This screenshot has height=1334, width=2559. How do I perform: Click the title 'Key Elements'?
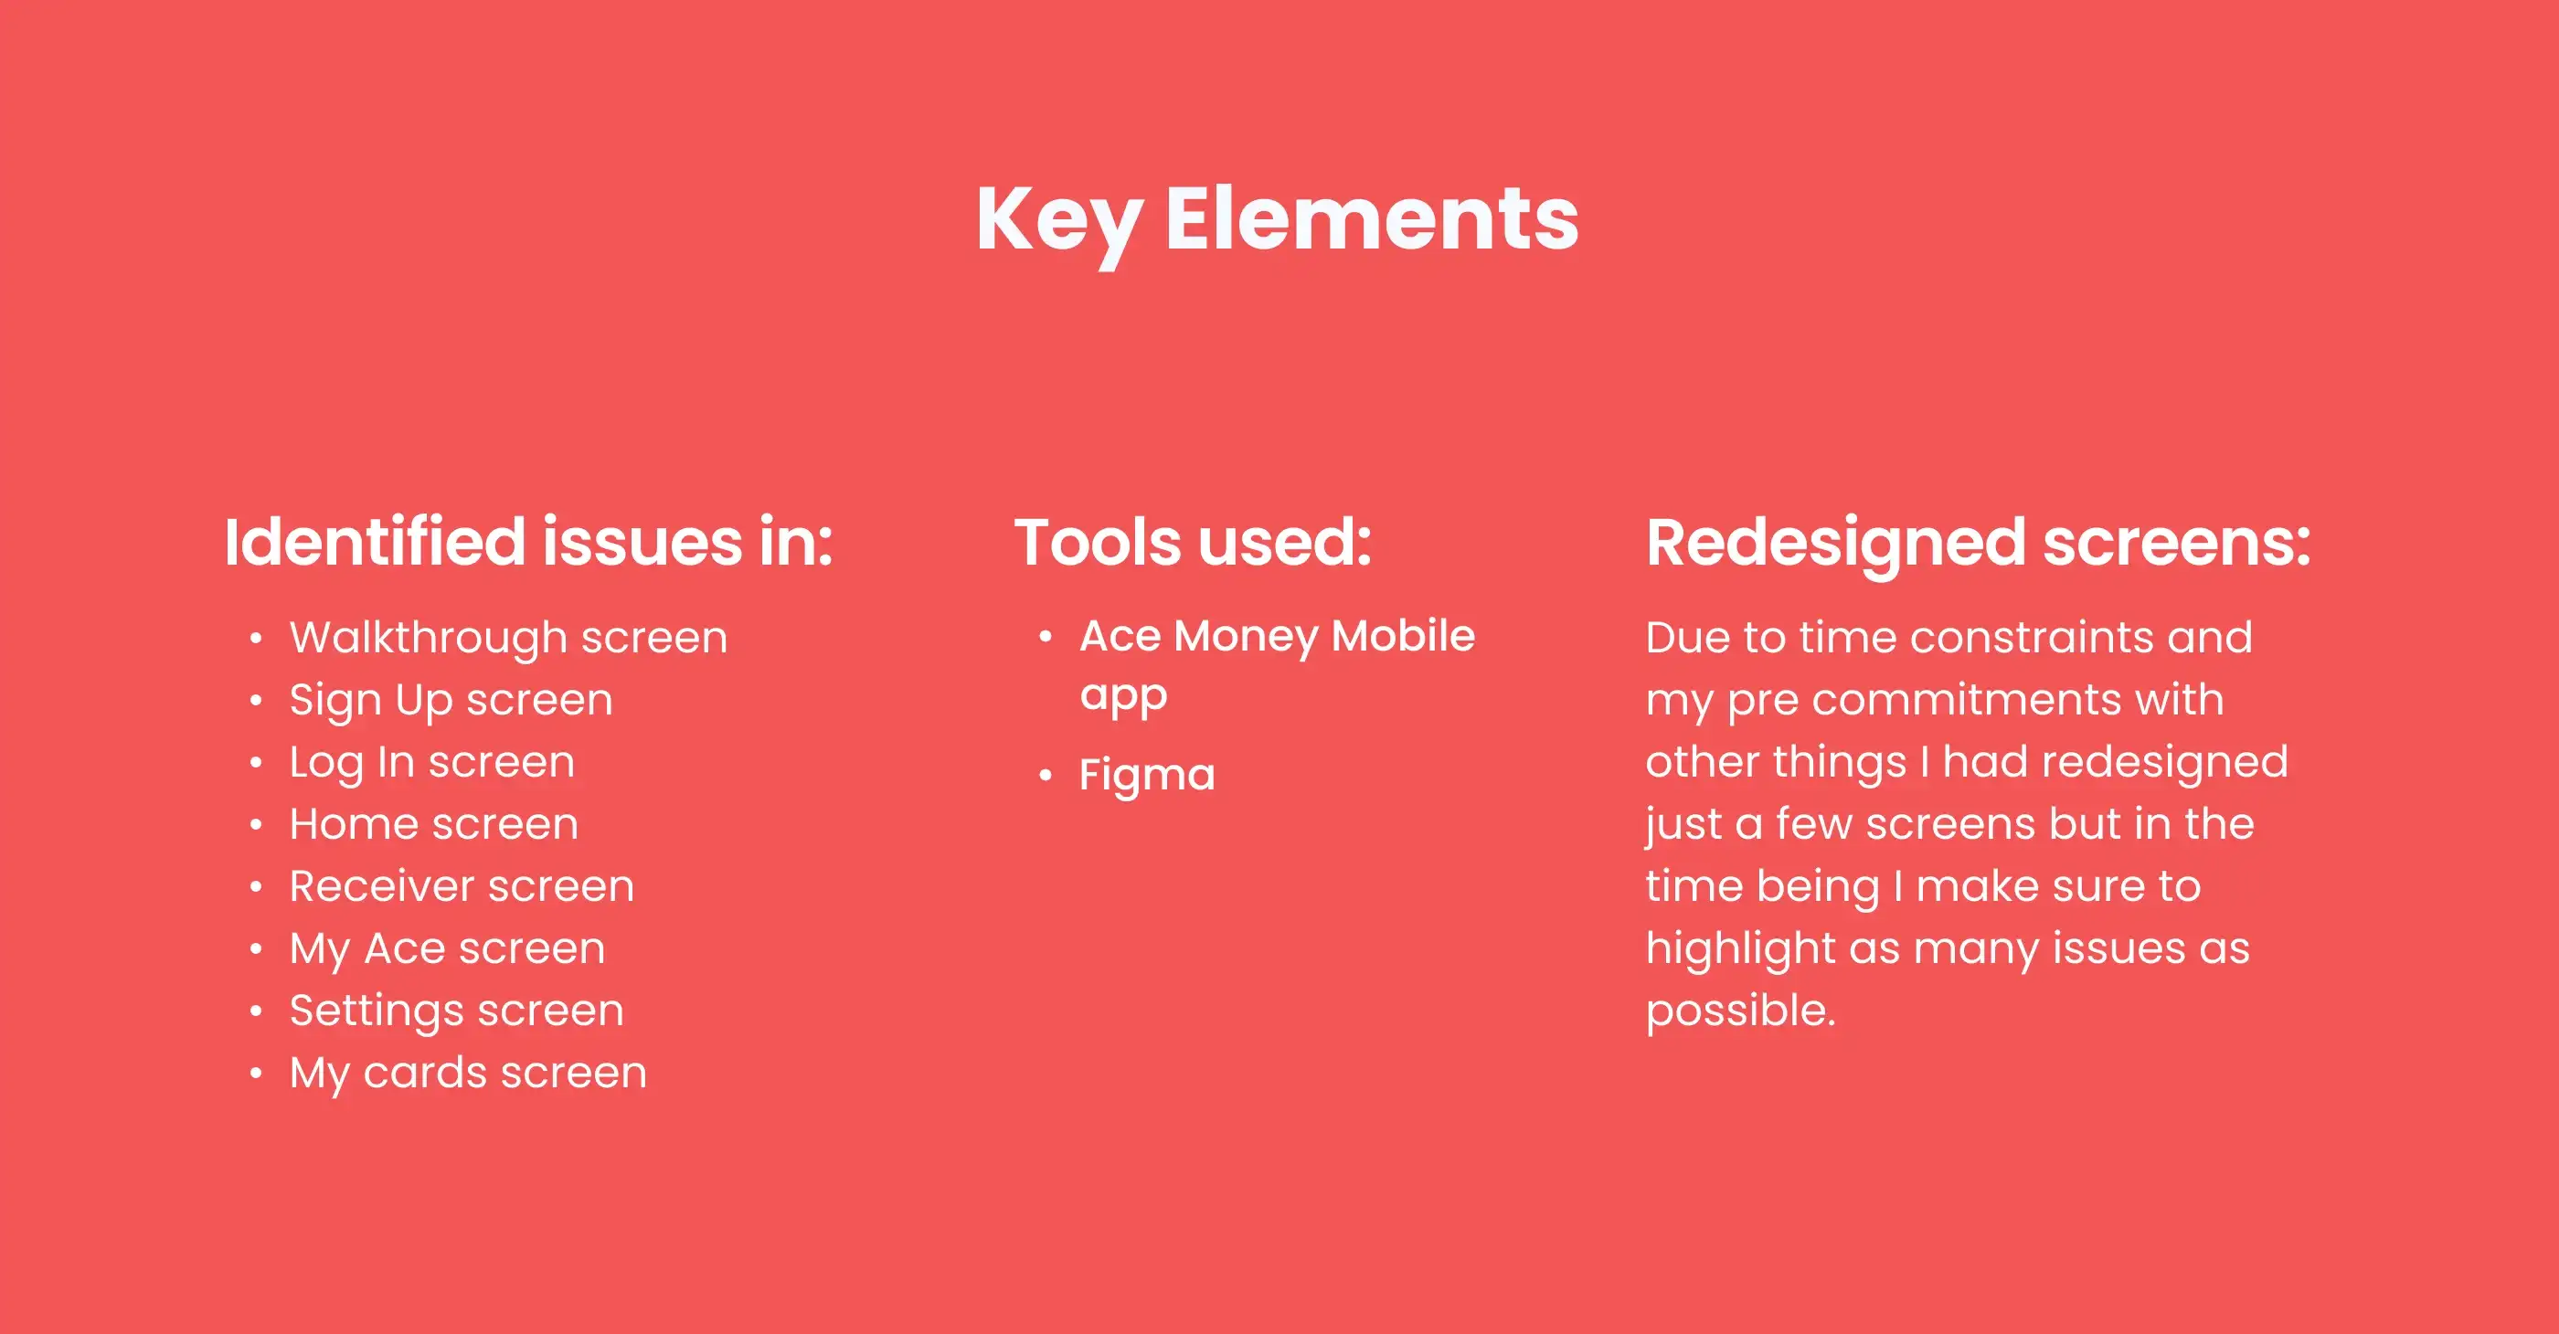tap(1278, 220)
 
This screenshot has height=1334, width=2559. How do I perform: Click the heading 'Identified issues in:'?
tap(528, 543)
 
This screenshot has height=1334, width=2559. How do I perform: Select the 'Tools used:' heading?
tap(1193, 543)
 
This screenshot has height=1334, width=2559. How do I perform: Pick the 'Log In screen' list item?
tap(432, 763)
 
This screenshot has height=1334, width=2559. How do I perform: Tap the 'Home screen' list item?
tap(434, 824)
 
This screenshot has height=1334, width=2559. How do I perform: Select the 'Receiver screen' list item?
tap(462, 886)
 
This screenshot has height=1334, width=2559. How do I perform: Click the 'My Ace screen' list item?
tap(448, 949)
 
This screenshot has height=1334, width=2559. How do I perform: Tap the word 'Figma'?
tap(1147, 776)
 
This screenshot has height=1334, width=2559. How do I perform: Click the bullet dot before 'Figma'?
tap(1045, 775)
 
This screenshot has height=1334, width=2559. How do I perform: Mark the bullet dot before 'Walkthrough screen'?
tap(256, 638)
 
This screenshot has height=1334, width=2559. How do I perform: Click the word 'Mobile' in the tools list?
tap(1404, 636)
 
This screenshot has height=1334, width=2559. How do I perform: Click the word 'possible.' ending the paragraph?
tap(1740, 1012)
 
